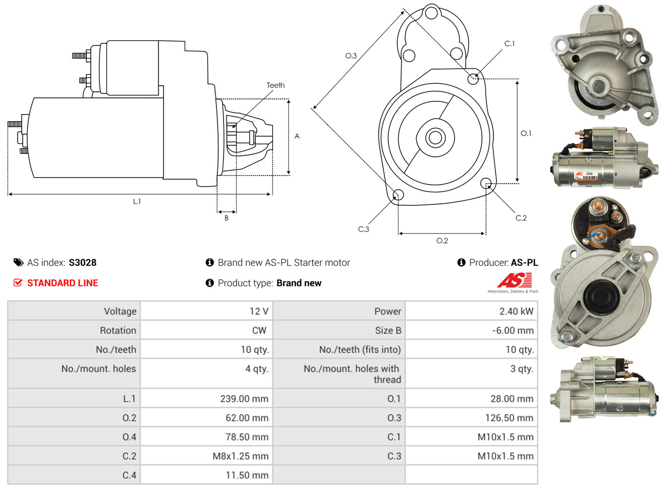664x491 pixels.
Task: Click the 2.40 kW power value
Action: (516, 311)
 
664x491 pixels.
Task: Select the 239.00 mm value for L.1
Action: (244, 399)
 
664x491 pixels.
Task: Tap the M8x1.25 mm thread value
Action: (240, 456)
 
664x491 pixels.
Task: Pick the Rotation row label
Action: (118, 331)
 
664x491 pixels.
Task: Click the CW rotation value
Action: (259, 331)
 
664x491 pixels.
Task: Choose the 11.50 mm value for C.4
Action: (247, 475)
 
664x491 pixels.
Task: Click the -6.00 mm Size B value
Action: (513, 331)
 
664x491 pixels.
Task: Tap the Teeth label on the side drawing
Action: (275, 85)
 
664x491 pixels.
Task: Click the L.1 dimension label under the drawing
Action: (137, 201)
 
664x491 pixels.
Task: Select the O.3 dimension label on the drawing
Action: (351, 56)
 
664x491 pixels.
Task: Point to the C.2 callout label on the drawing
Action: (521, 218)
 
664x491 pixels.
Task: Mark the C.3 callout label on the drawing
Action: (363, 229)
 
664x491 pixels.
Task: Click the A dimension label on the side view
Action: (297, 136)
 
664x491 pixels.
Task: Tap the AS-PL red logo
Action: (515, 280)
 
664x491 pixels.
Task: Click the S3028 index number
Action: (82, 262)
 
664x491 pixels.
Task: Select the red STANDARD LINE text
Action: (63, 283)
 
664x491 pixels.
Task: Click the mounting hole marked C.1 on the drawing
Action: (473, 79)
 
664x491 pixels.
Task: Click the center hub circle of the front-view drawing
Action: (434, 137)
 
